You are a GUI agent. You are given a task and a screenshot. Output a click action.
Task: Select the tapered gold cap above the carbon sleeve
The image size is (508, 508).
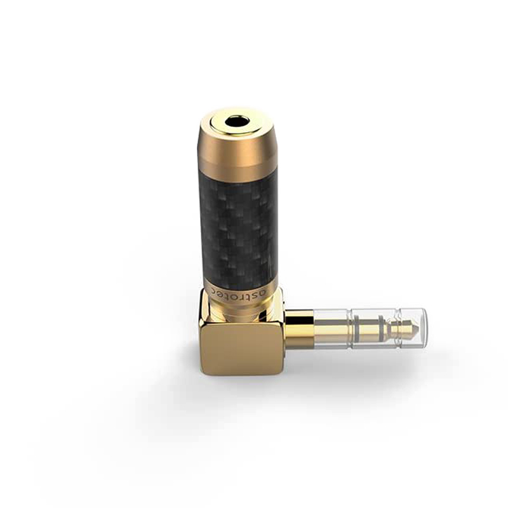coord(239,149)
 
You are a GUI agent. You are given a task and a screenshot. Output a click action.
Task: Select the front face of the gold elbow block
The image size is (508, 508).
coord(238,347)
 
